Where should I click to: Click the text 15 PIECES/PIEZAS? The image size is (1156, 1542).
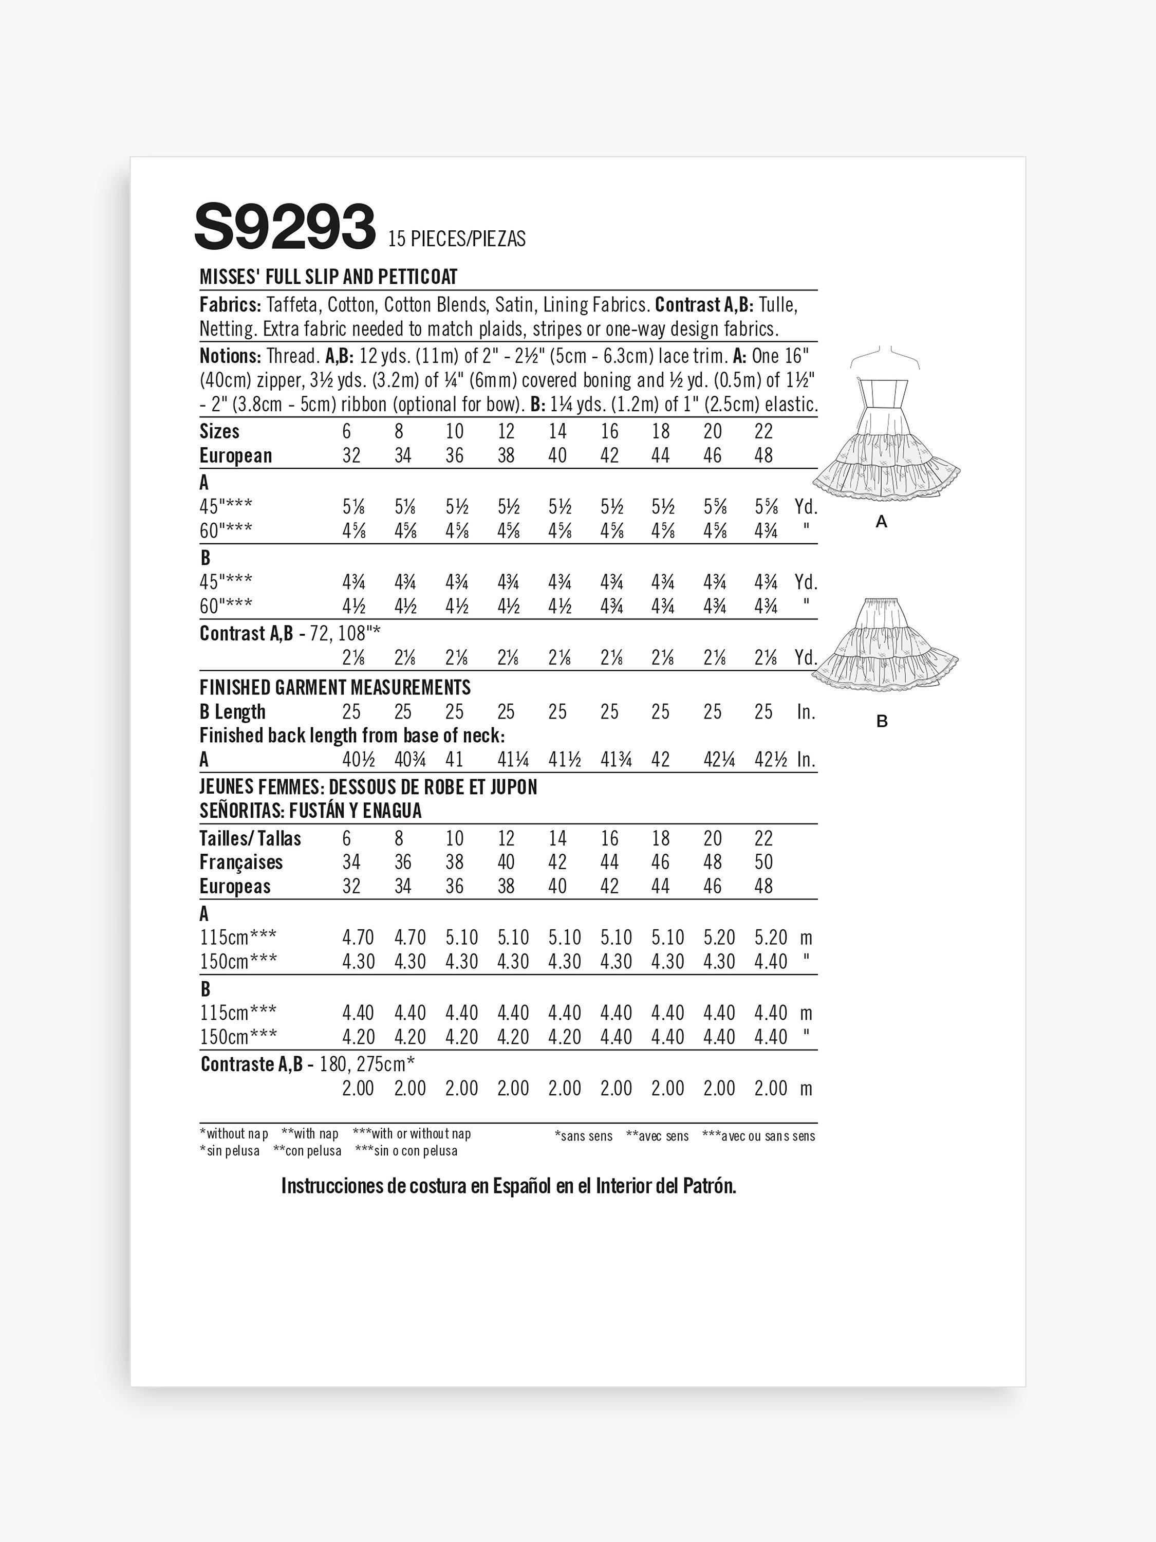(x=456, y=239)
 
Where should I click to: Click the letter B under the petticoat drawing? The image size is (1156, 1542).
(x=882, y=722)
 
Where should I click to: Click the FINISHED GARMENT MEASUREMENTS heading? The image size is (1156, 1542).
(x=335, y=688)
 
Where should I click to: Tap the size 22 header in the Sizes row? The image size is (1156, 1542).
(x=763, y=432)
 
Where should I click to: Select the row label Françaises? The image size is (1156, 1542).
(x=241, y=862)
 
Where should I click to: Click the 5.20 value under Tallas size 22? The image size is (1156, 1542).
(x=771, y=938)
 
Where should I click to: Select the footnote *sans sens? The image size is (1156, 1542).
(x=583, y=1136)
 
